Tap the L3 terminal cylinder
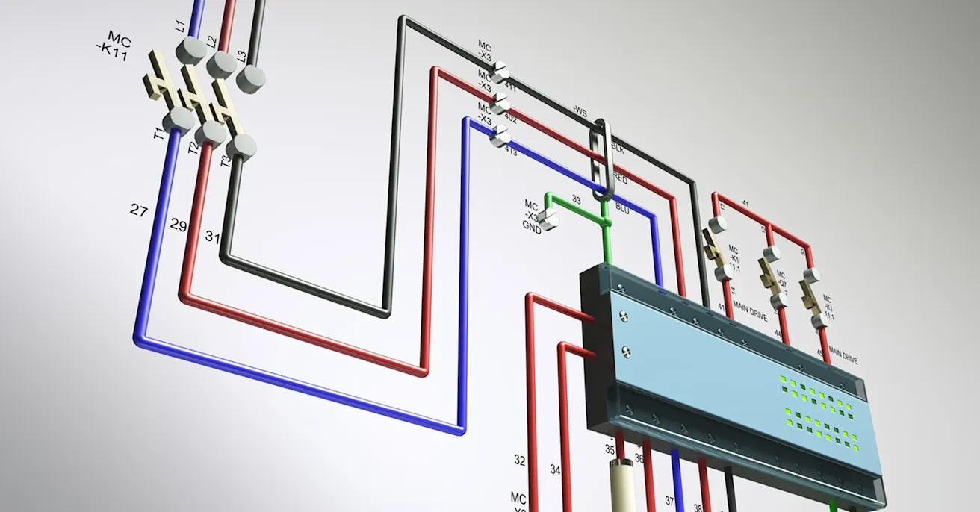point(251,77)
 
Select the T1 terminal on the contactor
point(178,119)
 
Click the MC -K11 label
point(114,46)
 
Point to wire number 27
point(138,210)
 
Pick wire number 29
point(178,224)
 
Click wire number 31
point(213,237)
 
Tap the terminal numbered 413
point(501,136)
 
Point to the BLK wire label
point(618,148)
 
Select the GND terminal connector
point(551,218)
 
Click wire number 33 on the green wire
point(576,199)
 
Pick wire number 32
point(520,461)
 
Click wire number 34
point(555,470)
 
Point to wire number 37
point(669,501)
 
